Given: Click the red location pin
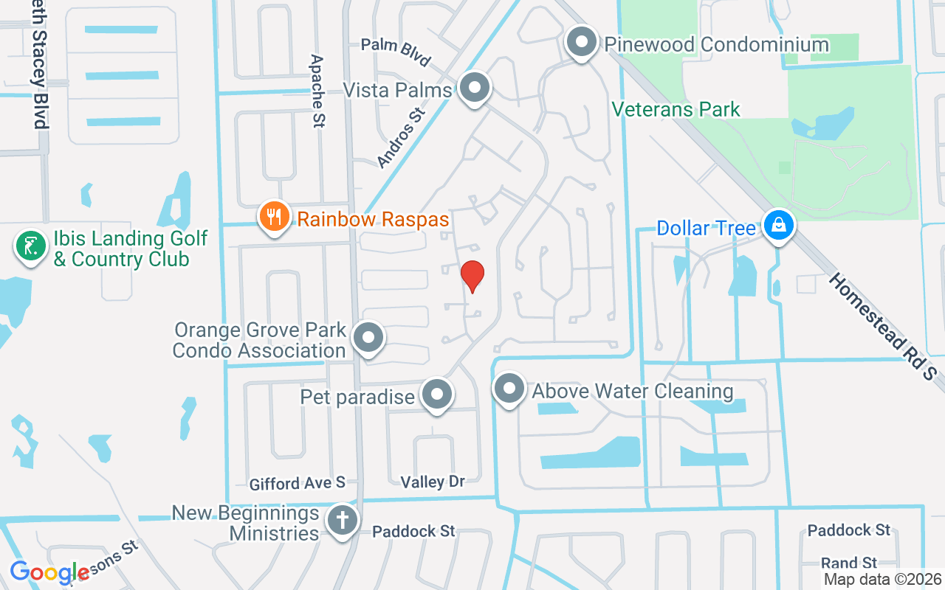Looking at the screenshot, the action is [472, 276].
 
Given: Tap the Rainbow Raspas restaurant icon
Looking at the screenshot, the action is [274, 218].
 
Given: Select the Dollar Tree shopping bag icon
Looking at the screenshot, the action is [778, 226].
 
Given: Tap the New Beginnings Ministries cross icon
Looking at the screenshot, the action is [342, 521].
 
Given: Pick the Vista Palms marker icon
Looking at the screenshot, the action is [475, 88].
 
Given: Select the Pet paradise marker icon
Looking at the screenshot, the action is [437, 395].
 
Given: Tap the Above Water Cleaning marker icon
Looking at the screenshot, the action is [509, 389].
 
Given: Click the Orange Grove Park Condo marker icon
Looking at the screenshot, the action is [368, 339].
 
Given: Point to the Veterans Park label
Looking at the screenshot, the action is [676, 110].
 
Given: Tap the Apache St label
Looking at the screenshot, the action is [317, 91].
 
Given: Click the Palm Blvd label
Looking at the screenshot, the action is [396, 51].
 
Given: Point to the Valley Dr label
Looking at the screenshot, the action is [433, 482].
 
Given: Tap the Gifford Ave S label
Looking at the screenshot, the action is [298, 483].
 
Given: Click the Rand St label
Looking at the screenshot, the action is [849, 563].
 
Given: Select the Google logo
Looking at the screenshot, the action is [49, 572].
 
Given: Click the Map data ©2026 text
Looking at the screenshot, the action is [882, 580].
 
